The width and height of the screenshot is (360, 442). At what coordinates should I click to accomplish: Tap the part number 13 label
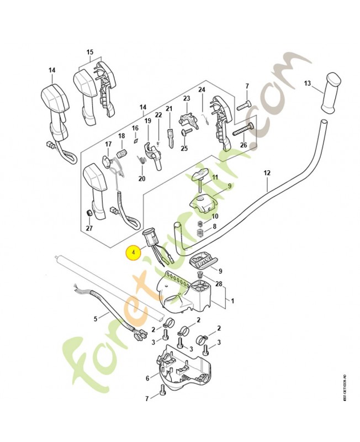pyautogui.click(x=307, y=83)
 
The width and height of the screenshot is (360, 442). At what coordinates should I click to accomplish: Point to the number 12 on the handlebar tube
pyautogui.click(x=267, y=173)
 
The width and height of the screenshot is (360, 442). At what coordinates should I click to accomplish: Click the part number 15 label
pyautogui.click(x=89, y=52)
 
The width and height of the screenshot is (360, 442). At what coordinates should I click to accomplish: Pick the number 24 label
pyautogui.click(x=202, y=90)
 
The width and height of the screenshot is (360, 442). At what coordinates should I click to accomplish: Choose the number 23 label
pyautogui.click(x=186, y=98)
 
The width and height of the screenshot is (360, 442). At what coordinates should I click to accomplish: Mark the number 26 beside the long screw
pyautogui.click(x=243, y=145)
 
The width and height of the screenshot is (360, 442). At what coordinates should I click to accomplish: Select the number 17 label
pyautogui.click(x=109, y=144)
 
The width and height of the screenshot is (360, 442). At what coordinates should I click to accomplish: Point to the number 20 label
pyautogui.click(x=141, y=179)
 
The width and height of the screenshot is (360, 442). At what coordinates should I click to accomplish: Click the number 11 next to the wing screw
pyautogui.click(x=215, y=177)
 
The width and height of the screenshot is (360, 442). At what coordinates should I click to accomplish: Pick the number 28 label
pyautogui.click(x=220, y=284)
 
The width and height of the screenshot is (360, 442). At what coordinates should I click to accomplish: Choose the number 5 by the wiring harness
pyautogui.click(x=95, y=318)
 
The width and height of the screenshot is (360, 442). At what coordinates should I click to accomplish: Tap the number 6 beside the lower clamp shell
pyautogui.click(x=147, y=378)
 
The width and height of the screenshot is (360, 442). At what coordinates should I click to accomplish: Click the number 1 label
pyautogui.click(x=232, y=302)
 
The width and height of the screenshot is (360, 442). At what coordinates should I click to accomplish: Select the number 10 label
pyautogui.click(x=215, y=216)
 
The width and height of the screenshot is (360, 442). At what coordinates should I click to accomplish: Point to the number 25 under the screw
pyautogui.click(x=184, y=148)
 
